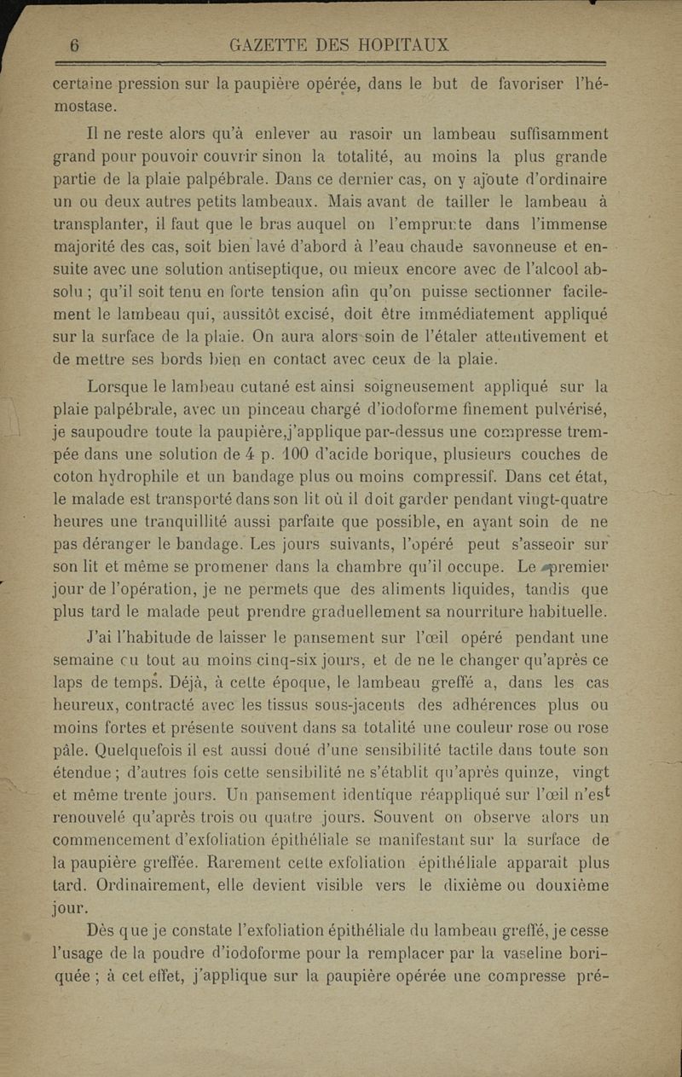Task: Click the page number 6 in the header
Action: pyautogui.click(x=74, y=47)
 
